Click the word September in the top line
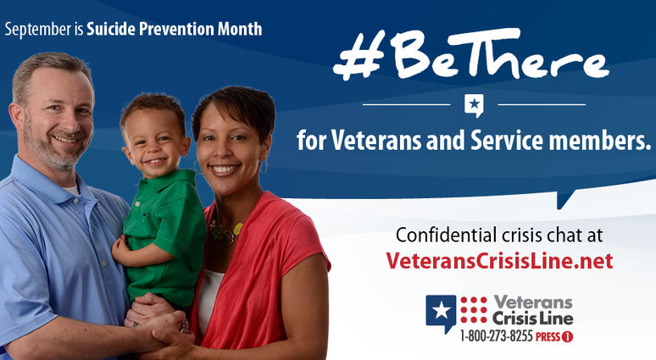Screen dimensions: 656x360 click(x=38, y=30)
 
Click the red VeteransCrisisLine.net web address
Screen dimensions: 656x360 click(x=499, y=261)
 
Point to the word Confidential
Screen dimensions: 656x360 click(x=447, y=235)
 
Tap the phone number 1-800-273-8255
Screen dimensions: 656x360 click(x=496, y=336)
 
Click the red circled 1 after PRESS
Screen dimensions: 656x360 click(x=567, y=336)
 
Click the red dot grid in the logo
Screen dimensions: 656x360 click(x=474, y=310)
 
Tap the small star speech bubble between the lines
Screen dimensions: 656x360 click(x=474, y=105)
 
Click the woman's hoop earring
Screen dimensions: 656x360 click(x=264, y=167)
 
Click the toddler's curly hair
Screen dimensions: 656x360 click(x=153, y=107)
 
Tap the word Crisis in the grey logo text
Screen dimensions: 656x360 click(x=509, y=319)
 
